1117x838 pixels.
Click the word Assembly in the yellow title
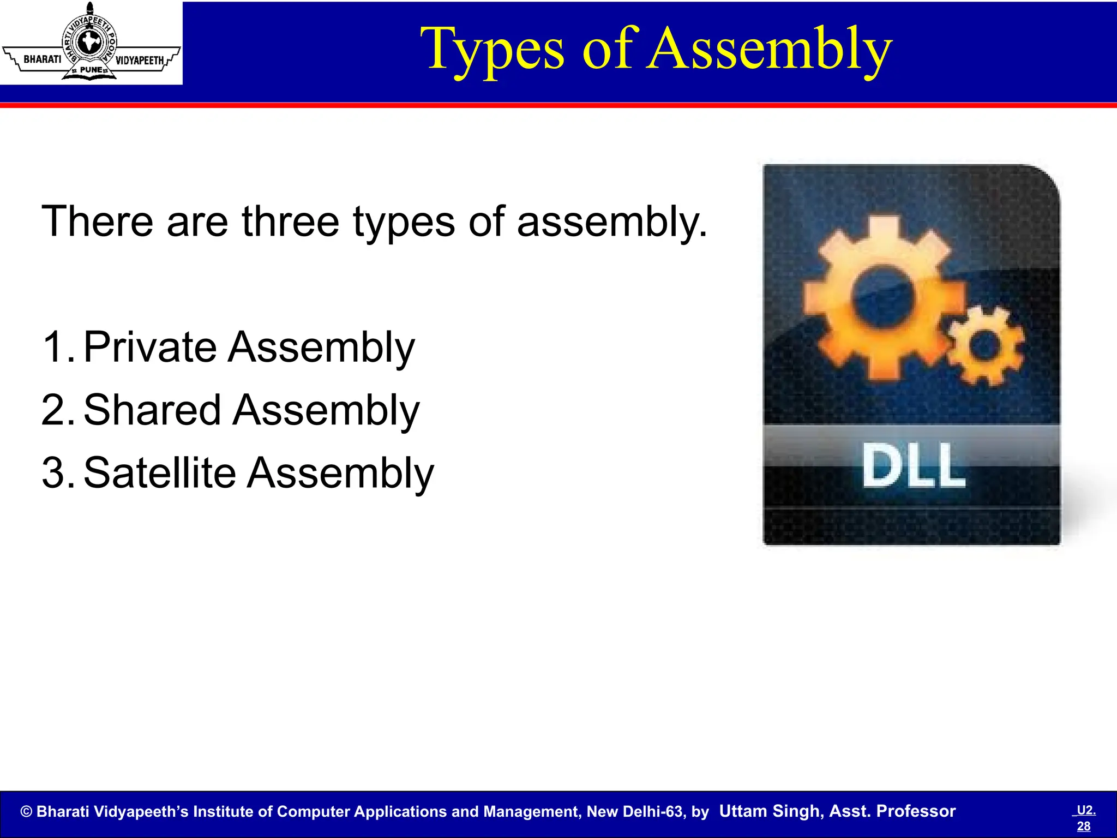tap(768, 50)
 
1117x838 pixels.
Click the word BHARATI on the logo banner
tap(43, 59)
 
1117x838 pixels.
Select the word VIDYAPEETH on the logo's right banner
tap(139, 60)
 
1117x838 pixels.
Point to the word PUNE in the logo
tap(91, 70)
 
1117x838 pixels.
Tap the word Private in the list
tap(150, 347)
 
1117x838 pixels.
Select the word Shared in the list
tap(152, 410)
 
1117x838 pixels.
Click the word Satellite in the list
tap(159, 473)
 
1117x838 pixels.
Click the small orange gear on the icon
tap(984, 346)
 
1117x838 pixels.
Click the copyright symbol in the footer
tap(26, 812)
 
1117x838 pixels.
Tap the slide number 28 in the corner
tap(1084, 826)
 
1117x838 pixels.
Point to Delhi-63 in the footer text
tap(662, 812)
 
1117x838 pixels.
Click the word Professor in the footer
tap(916, 811)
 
